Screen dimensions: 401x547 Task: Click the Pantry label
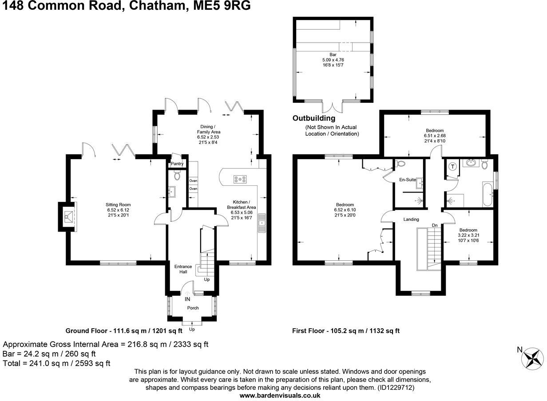coord(177,164)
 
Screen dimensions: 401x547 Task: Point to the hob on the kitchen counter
coord(240,179)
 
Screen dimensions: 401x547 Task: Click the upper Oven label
coord(193,181)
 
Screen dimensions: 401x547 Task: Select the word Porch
coord(193,308)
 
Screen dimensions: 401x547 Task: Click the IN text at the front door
coord(187,299)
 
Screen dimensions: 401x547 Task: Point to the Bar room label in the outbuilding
coord(333,55)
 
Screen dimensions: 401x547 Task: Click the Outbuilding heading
coord(313,118)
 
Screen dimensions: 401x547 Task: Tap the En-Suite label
coord(408,180)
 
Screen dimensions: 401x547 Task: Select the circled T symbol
coord(452,167)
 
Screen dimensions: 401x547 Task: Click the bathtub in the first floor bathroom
coord(487,194)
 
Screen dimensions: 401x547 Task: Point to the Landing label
coord(411,219)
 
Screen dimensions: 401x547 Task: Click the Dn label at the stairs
coord(435,225)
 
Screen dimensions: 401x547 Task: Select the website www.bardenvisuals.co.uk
coord(280,395)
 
